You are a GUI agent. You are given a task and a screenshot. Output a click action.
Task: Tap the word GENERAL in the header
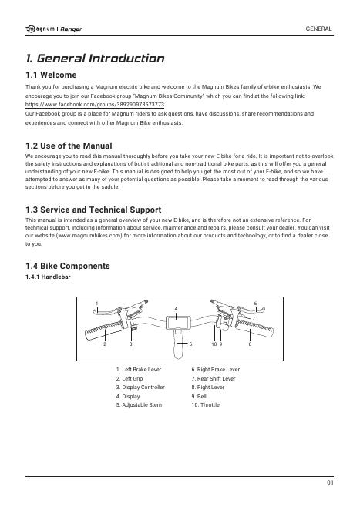click(x=318, y=29)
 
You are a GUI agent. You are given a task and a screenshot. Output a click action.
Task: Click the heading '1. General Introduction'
click(x=95, y=59)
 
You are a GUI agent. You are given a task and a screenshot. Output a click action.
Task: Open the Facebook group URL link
click(x=95, y=105)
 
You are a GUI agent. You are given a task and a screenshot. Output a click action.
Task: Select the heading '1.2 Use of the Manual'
click(x=69, y=146)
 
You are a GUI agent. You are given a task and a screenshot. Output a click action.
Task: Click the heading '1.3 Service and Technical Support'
click(x=93, y=210)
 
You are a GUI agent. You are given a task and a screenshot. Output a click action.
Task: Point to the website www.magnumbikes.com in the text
click(x=89, y=236)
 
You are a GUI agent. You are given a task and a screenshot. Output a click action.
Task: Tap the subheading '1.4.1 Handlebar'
click(x=48, y=277)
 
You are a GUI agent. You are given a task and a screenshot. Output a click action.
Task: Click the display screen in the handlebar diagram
click(x=176, y=323)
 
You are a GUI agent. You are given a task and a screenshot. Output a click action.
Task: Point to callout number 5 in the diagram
click(x=190, y=344)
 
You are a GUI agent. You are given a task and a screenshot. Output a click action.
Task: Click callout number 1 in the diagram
click(x=96, y=304)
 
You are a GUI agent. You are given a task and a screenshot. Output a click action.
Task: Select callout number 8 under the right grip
click(x=250, y=344)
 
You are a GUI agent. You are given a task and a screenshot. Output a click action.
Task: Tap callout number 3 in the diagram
click(x=130, y=344)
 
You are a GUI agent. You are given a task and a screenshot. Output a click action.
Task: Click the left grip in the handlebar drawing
click(x=105, y=330)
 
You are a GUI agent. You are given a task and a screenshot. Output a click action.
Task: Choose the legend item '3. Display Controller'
click(x=140, y=388)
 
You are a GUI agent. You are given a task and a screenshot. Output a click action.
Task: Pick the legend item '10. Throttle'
click(x=205, y=405)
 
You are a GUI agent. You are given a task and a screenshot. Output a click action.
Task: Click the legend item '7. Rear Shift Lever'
click(x=214, y=378)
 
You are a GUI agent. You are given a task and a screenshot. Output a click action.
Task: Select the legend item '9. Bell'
click(x=199, y=396)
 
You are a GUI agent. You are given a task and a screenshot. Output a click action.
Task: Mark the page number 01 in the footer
click(x=330, y=483)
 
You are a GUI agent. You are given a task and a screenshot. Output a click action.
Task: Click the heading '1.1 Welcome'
click(x=51, y=75)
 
